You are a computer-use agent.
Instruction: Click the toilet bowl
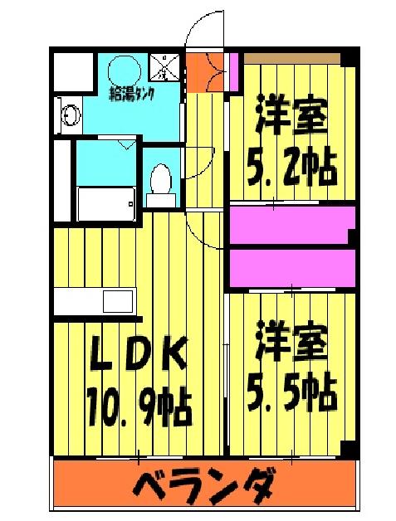pos(160,181)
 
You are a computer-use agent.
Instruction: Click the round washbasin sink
pos(69,114)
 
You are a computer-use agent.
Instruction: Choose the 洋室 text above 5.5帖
pos(291,343)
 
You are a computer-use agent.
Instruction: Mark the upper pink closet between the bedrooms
pos(291,224)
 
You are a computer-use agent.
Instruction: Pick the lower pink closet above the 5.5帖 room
pos(291,266)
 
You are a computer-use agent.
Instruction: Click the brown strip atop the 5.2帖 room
pos(292,56)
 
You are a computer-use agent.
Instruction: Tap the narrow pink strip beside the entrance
pos(235,70)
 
